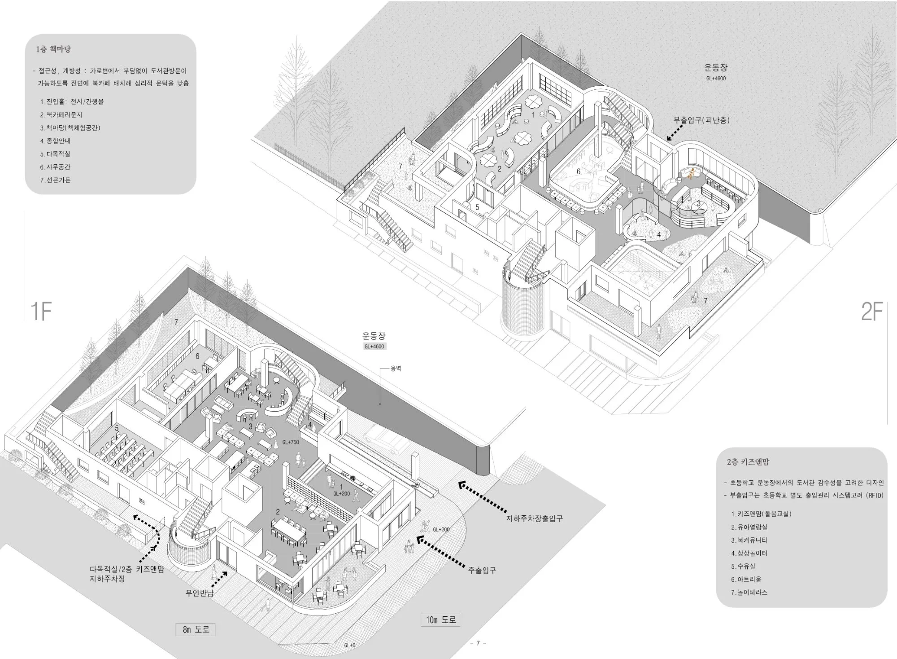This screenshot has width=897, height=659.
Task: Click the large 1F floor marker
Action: [x=41, y=312]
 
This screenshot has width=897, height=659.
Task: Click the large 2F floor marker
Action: [x=871, y=312]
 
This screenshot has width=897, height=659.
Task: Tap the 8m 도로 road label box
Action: [x=196, y=629]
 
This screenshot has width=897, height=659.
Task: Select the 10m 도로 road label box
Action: [x=440, y=620]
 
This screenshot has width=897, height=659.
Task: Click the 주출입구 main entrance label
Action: [x=482, y=570]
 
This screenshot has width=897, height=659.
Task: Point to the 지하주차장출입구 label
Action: [x=534, y=518]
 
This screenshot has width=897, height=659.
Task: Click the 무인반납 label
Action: [x=200, y=593]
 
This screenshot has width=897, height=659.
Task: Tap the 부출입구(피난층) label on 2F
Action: [x=701, y=120]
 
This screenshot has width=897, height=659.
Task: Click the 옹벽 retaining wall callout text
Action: [x=396, y=368]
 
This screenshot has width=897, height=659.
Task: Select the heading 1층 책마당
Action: [x=53, y=49]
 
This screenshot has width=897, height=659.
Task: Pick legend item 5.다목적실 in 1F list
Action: [x=55, y=154]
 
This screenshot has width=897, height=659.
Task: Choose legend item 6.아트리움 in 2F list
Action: [x=746, y=579]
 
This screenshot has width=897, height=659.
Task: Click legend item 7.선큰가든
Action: [x=55, y=180]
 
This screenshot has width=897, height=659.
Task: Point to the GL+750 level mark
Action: [x=291, y=442]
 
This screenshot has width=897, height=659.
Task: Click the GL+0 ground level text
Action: [x=349, y=645]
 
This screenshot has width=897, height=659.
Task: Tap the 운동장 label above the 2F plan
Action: [x=715, y=68]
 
